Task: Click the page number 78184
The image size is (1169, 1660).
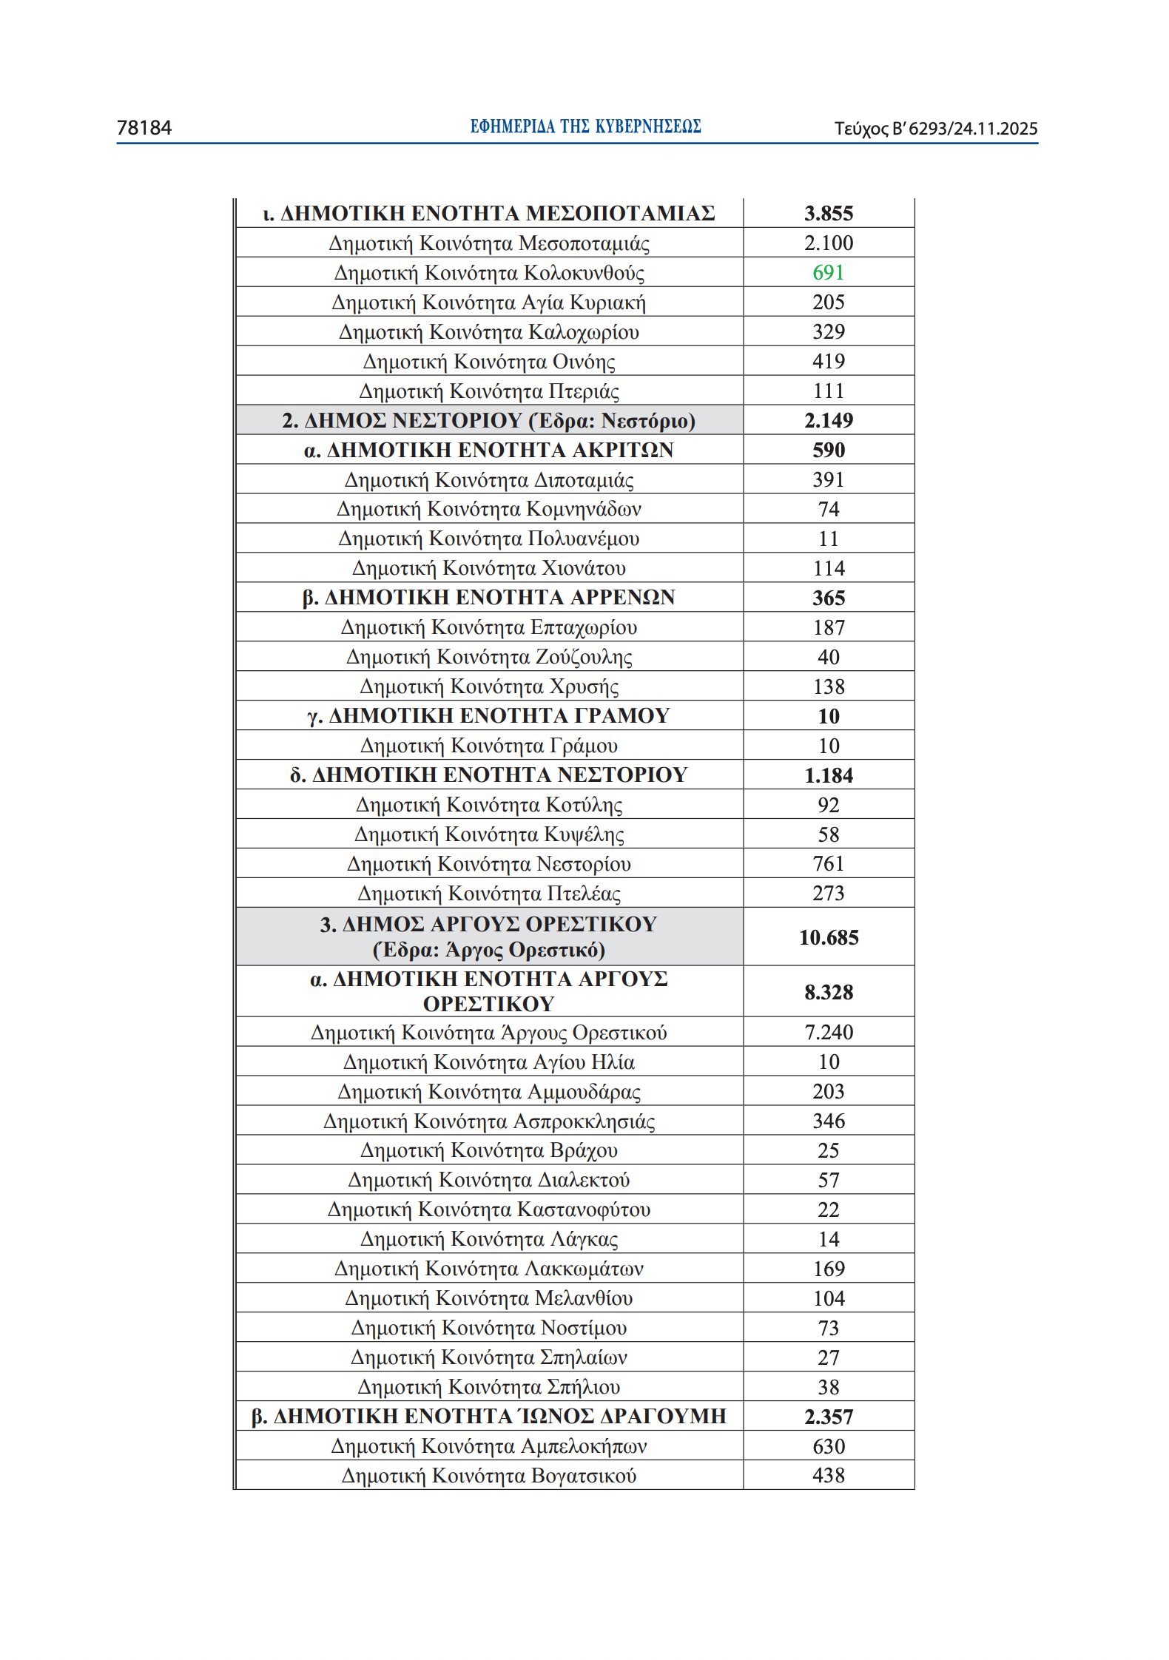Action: click(144, 128)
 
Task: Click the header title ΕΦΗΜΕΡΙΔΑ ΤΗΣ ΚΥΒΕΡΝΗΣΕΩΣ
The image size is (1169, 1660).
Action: click(585, 126)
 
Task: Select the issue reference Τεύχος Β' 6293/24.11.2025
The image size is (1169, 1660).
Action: click(936, 129)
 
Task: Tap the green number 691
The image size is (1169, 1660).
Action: click(828, 272)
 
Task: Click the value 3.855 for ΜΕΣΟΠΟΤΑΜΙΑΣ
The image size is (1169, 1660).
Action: click(828, 213)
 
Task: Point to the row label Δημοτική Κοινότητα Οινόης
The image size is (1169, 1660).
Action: click(489, 362)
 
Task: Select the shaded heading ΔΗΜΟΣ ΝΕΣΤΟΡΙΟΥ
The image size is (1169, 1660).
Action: click(488, 420)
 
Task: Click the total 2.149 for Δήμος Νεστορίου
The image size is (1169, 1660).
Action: click(828, 420)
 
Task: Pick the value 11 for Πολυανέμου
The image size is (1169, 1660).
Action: click(828, 539)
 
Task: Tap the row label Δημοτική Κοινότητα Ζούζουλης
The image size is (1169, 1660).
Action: click(489, 657)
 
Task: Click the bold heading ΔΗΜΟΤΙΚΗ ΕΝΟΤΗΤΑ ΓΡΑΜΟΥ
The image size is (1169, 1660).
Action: click(489, 715)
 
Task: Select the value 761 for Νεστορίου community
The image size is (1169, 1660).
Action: click(828, 863)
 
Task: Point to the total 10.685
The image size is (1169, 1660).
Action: click(828, 937)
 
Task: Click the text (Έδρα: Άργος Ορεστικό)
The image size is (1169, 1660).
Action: click(489, 950)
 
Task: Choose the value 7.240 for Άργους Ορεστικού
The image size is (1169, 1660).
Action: click(828, 1032)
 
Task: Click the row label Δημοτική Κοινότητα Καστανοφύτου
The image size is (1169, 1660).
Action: click(489, 1209)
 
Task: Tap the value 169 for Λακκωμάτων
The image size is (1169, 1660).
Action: click(828, 1269)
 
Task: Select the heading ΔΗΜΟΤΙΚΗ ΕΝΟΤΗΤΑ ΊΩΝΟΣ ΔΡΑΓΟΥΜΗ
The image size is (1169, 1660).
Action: click(489, 1416)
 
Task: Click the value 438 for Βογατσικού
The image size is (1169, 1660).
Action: click(828, 1475)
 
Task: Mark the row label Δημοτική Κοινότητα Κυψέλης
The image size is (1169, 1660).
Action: click(489, 834)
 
